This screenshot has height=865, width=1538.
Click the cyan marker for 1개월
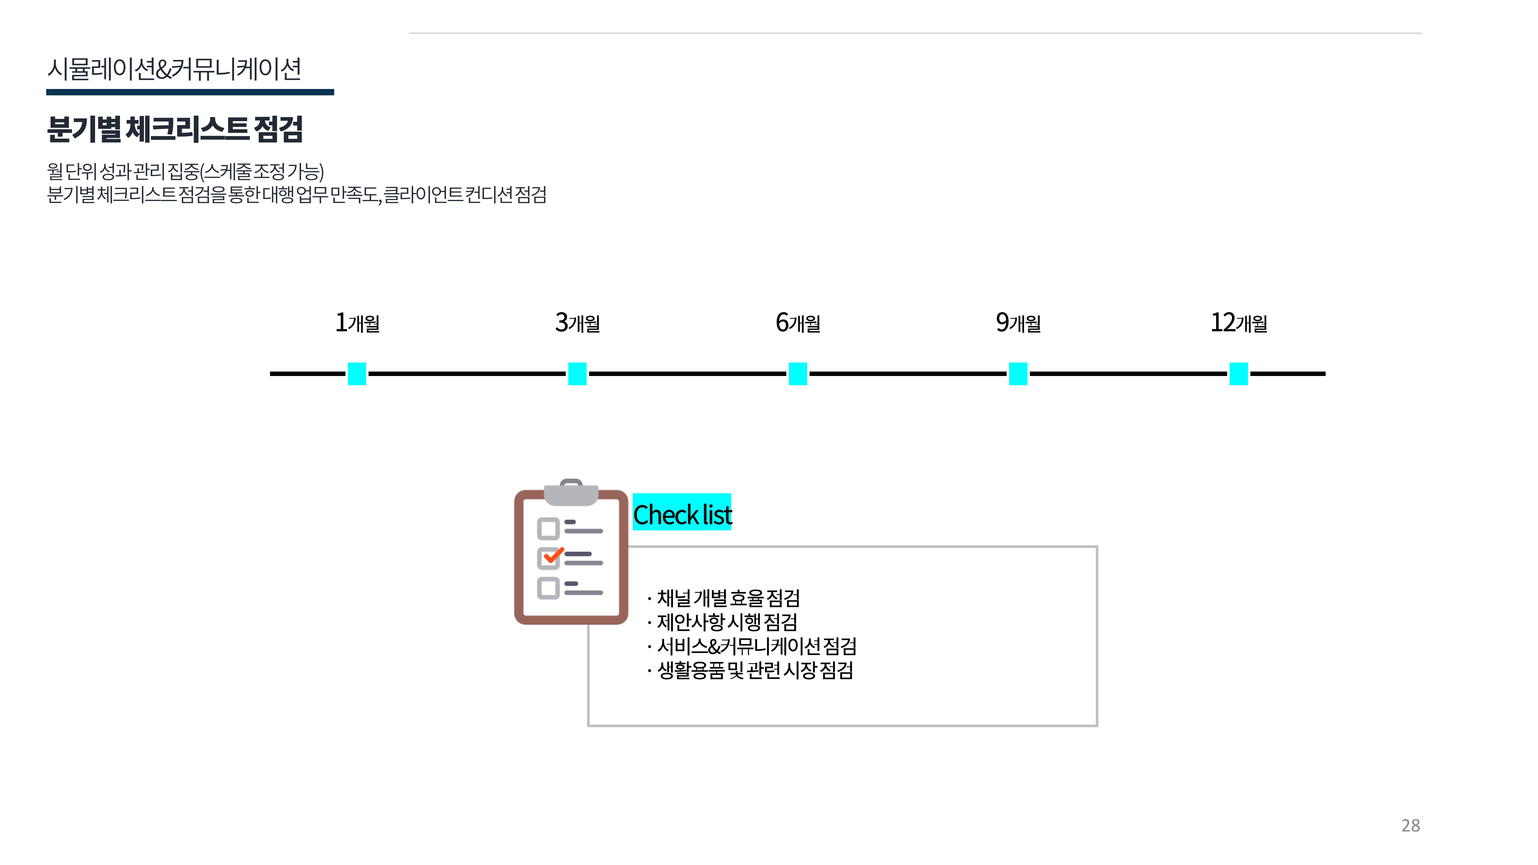(x=357, y=374)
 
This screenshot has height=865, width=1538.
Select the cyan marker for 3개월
(x=577, y=374)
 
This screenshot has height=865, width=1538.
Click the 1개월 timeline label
(x=357, y=323)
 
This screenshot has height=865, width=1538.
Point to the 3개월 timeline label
(x=577, y=323)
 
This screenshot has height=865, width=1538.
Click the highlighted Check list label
(x=682, y=513)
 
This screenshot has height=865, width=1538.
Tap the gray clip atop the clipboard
(x=571, y=492)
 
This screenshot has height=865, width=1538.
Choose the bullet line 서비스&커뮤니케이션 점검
(x=757, y=646)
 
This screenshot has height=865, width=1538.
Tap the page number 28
(x=1410, y=826)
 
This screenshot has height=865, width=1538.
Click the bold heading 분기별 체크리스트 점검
(x=175, y=129)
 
